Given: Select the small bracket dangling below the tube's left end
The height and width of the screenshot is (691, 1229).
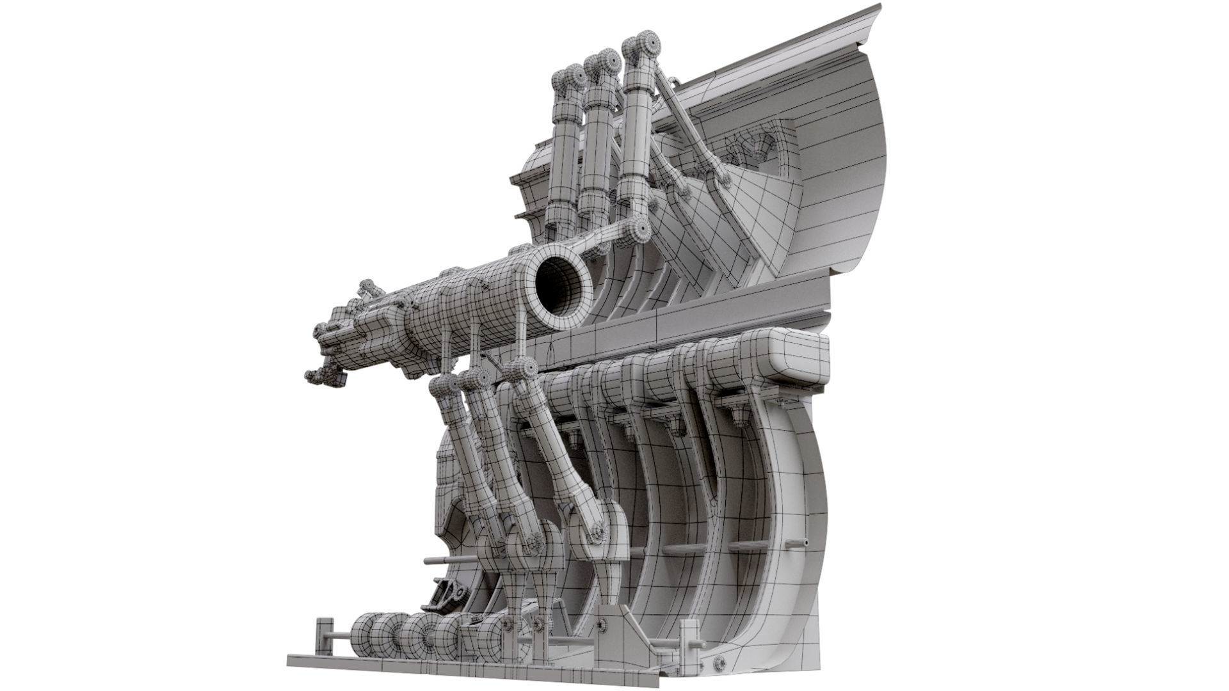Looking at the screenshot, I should [x=326, y=377].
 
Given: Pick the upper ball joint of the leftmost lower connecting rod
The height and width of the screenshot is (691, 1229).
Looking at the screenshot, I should [x=444, y=386].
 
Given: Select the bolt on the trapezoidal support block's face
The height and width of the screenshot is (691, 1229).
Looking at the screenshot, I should [x=602, y=626].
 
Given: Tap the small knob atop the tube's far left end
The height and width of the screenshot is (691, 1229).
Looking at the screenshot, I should [x=367, y=286].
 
